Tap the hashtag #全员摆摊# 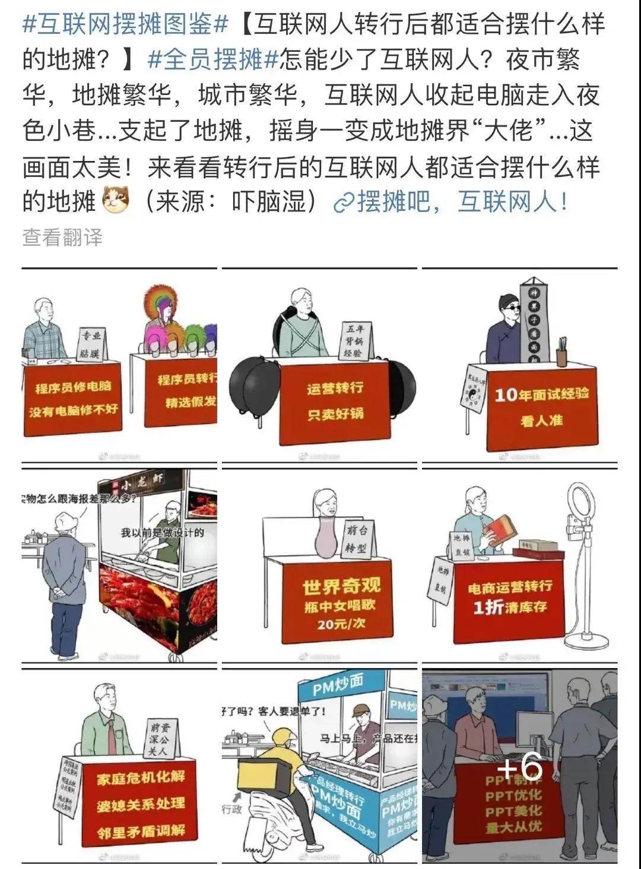pyautogui.click(x=212, y=60)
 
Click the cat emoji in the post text pyautogui.click(x=116, y=200)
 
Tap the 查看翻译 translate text pyautogui.click(x=62, y=238)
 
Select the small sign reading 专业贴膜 pyautogui.click(x=91, y=345)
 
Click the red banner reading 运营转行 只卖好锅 pyautogui.click(x=335, y=401)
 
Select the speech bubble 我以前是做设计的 pyautogui.click(x=162, y=532)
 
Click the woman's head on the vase pyautogui.click(x=327, y=505)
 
